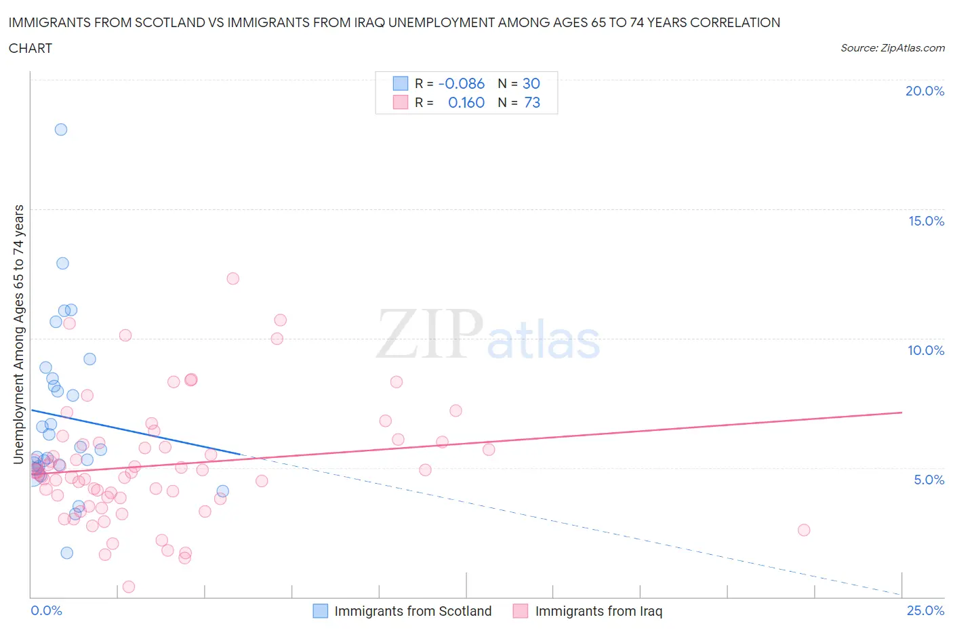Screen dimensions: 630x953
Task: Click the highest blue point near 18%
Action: pyautogui.click(x=61, y=129)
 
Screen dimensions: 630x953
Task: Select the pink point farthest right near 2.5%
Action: pyautogui.click(x=804, y=530)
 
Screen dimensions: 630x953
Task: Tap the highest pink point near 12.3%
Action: pyautogui.click(x=233, y=278)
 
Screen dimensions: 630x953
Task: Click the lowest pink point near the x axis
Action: pyautogui.click(x=129, y=587)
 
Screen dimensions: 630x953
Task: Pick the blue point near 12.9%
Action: pyautogui.click(x=62, y=264)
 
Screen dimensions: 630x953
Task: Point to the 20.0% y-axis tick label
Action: pyautogui.click(x=925, y=91)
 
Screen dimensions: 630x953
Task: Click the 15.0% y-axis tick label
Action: pyautogui.click(x=926, y=221)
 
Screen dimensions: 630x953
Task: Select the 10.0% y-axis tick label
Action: pyautogui.click(x=926, y=350)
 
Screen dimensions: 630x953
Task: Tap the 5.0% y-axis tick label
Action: pyautogui.click(x=929, y=480)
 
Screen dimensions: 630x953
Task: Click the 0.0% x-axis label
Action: pyautogui.click(x=46, y=610)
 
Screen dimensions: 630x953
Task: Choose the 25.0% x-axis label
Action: pyautogui.click(x=925, y=610)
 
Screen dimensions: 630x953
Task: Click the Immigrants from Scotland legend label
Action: pyautogui.click(x=413, y=611)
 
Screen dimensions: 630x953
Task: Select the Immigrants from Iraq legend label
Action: pyautogui.click(x=599, y=611)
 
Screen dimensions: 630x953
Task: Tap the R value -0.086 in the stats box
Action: pyautogui.click(x=462, y=83)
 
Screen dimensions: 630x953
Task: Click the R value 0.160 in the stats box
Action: pyautogui.click(x=466, y=102)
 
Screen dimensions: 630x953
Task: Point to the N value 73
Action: pyautogui.click(x=532, y=102)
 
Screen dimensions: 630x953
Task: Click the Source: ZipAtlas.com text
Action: pyautogui.click(x=892, y=47)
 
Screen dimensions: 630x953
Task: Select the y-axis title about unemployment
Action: pyautogui.click(x=18, y=334)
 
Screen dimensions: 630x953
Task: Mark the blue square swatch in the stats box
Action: pyautogui.click(x=401, y=83)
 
